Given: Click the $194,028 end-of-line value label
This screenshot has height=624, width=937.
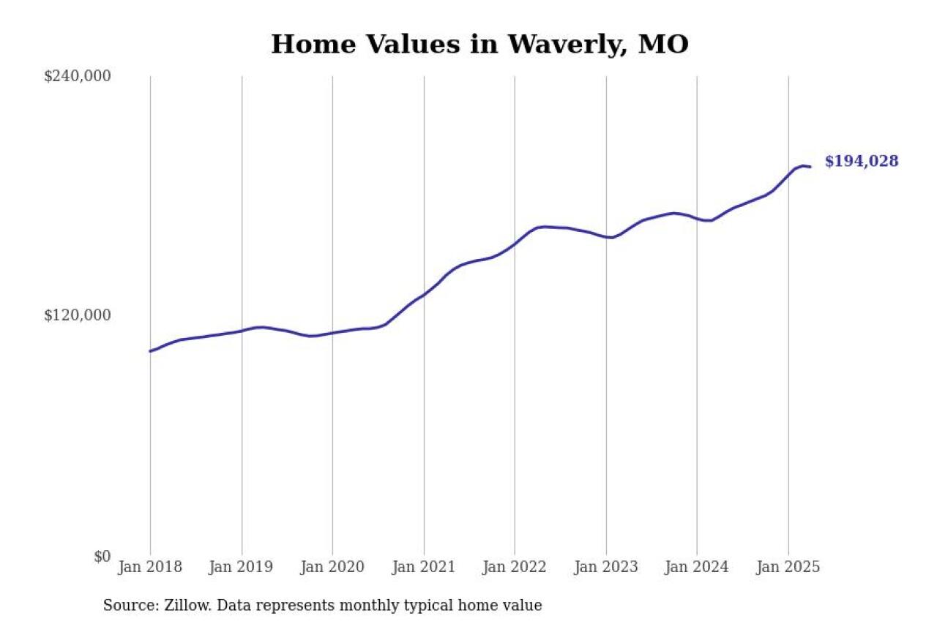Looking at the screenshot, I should [x=861, y=162].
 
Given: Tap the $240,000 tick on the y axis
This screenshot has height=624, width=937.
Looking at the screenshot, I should [x=77, y=76].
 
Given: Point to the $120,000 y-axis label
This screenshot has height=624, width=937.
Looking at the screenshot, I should [x=77, y=315].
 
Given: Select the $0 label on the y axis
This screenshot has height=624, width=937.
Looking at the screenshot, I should [x=102, y=556].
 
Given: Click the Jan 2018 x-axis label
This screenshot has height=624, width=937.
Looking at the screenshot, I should [x=150, y=567].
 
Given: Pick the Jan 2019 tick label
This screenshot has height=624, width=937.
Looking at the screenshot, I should [x=242, y=567].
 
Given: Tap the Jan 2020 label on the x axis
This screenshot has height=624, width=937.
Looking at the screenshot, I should [x=332, y=567].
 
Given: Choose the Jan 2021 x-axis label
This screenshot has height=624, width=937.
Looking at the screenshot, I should [x=424, y=567].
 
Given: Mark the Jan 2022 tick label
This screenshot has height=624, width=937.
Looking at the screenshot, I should [x=515, y=567].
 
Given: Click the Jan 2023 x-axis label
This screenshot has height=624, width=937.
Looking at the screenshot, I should [x=606, y=567].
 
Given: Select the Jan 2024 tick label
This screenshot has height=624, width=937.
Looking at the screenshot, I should [x=697, y=567].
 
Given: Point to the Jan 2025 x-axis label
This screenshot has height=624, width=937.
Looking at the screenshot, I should [x=788, y=567].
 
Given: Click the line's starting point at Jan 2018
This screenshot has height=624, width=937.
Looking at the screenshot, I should [x=150, y=351].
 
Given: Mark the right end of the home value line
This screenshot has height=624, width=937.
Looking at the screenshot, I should [x=810, y=167].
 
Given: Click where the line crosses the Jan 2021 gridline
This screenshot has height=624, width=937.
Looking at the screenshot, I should [x=424, y=294].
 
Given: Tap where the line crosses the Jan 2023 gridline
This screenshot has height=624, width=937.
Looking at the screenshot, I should [x=606, y=237].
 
